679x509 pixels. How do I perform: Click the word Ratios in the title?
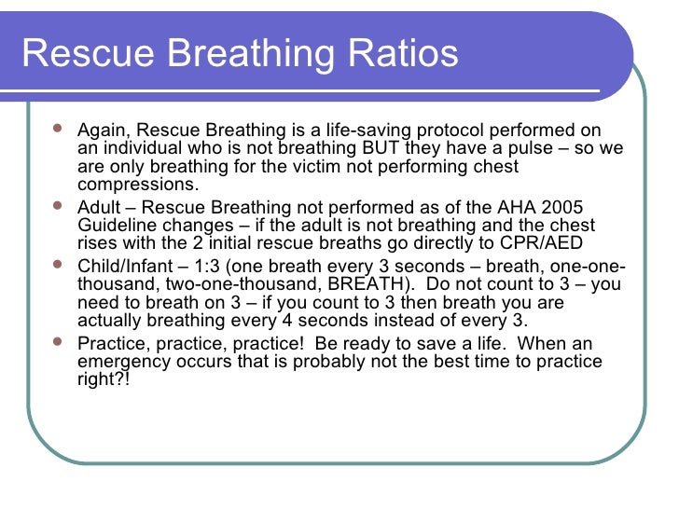402,53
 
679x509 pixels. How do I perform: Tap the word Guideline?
118,227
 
